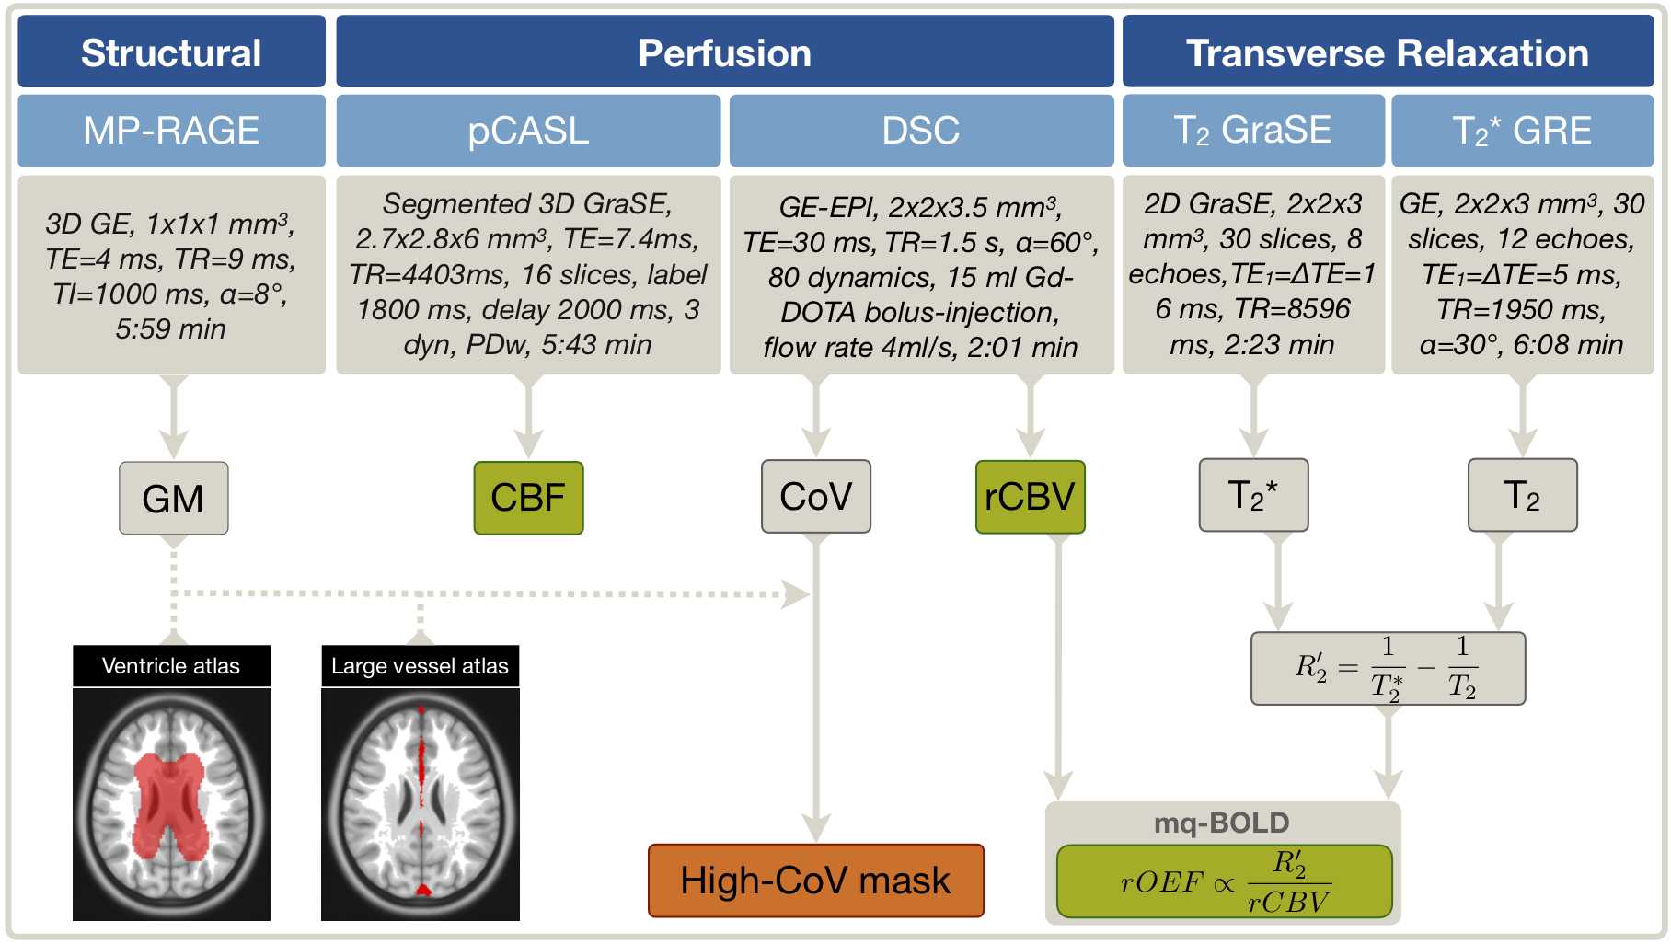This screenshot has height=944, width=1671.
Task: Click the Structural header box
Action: click(171, 52)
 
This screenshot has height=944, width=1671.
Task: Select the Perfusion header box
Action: click(724, 52)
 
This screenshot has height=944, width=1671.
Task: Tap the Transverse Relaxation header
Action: click(1387, 52)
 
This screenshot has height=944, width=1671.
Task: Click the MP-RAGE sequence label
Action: click(171, 131)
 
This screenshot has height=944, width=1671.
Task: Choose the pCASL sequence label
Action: click(528, 131)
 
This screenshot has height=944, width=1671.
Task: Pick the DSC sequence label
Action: click(920, 131)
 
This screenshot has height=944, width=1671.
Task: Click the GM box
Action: click(173, 499)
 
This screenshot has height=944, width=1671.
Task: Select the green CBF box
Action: click(528, 498)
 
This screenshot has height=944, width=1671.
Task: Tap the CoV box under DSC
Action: click(815, 497)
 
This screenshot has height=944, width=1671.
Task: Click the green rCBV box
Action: click(1030, 497)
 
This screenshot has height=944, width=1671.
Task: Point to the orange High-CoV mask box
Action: click(815, 881)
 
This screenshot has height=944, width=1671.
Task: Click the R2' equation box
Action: click(1387, 668)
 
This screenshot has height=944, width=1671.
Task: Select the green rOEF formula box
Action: click(1224, 881)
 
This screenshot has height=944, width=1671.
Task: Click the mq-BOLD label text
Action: click(1221, 823)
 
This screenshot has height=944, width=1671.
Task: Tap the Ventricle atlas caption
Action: click(171, 666)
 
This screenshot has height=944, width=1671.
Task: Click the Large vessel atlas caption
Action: click(420, 666)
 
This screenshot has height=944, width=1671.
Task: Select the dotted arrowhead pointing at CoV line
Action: click(795, 594)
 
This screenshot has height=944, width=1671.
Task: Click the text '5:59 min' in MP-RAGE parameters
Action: click(170, 328)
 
